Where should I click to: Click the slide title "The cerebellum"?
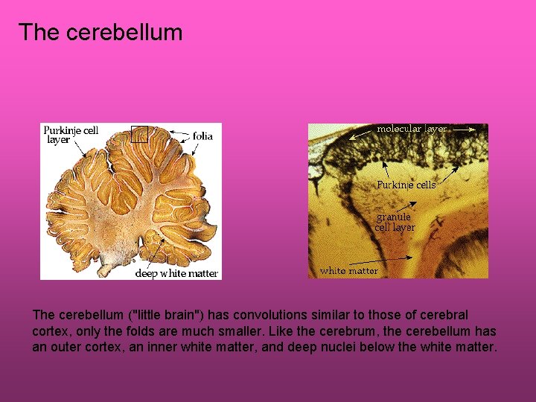pyautogui.click(x=100, y=33)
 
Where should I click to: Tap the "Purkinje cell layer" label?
pyautogui.click(x=71, y=135)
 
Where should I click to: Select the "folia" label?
pyautogui.click(x=202, y=136)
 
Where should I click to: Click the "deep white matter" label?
pyautogui.click(x=176, y=273)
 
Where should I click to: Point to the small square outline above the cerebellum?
pyautogui.click(x=139, y=134)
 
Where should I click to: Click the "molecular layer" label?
pyautogui.click(x=412, y=129)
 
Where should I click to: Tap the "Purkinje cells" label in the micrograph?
pyautogui.click(x=406, y=185)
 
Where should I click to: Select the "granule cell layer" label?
pyautogui.click(x=395, y=222)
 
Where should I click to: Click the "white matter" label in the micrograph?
pyautogui.click(x=348, y=271)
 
